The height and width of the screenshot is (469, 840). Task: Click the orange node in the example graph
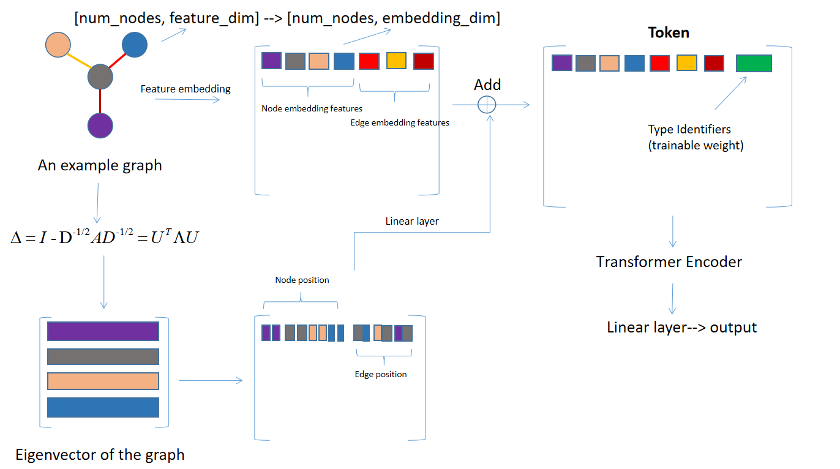pos(58,45)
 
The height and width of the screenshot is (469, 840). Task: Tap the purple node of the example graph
pos(100,125)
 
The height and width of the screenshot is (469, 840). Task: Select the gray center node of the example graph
pos(100,77)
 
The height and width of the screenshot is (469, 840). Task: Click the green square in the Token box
pos(754,64)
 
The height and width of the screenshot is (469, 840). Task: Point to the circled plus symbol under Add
pos(486,105)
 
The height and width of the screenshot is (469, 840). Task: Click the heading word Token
pos(669,32)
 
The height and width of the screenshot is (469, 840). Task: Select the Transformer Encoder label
pos(669,262)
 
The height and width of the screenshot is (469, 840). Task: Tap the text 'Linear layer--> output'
pos(681,328)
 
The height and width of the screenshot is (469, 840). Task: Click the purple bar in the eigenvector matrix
pos(103,331)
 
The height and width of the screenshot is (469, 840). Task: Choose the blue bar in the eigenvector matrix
pos(103,407)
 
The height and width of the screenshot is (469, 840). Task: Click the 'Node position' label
pos(302,280)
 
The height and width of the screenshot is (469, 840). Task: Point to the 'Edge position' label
pos(380,374)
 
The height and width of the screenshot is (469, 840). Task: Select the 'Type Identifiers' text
pos(689,129)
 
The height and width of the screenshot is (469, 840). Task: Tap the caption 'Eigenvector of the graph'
pos(100,455)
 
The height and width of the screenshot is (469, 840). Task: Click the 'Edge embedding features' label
pos(400,122)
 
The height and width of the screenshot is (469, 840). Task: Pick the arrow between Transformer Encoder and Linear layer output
pos(672,298)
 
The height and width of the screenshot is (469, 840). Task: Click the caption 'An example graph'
pos(100,165)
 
